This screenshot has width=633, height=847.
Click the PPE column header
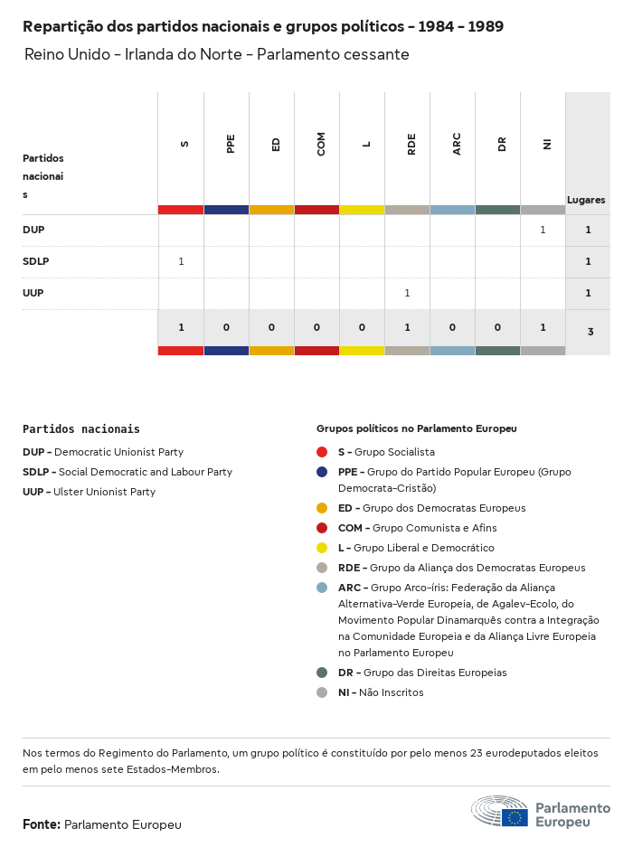pos(231,144)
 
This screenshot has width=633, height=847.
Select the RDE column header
pos(411,144)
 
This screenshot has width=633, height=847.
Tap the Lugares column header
pos(586,200)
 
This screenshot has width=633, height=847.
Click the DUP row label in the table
pos(33,230)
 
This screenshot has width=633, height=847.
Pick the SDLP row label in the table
pos(35,261)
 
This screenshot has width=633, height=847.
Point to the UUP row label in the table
pos(33,293)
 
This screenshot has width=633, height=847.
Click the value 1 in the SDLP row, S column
pos(181,261)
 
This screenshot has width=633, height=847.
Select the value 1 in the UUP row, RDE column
pos(407,293)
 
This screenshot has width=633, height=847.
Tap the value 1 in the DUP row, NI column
pos(543,230)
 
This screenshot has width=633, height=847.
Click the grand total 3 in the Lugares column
pos(590,332)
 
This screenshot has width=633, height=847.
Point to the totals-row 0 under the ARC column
pos(452,327)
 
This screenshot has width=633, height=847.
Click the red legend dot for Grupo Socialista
pos(322,452)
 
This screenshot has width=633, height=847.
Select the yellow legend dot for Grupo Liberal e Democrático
pos(322,548)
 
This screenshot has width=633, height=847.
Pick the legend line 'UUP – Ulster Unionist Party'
pos(89,492)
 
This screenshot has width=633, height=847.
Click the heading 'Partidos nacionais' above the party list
pos(81,429)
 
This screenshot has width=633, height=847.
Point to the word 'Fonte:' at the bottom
pos(42,824)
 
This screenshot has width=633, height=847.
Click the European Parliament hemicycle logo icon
pos(499,812)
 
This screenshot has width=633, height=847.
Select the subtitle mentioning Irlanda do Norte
pos(217,55)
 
